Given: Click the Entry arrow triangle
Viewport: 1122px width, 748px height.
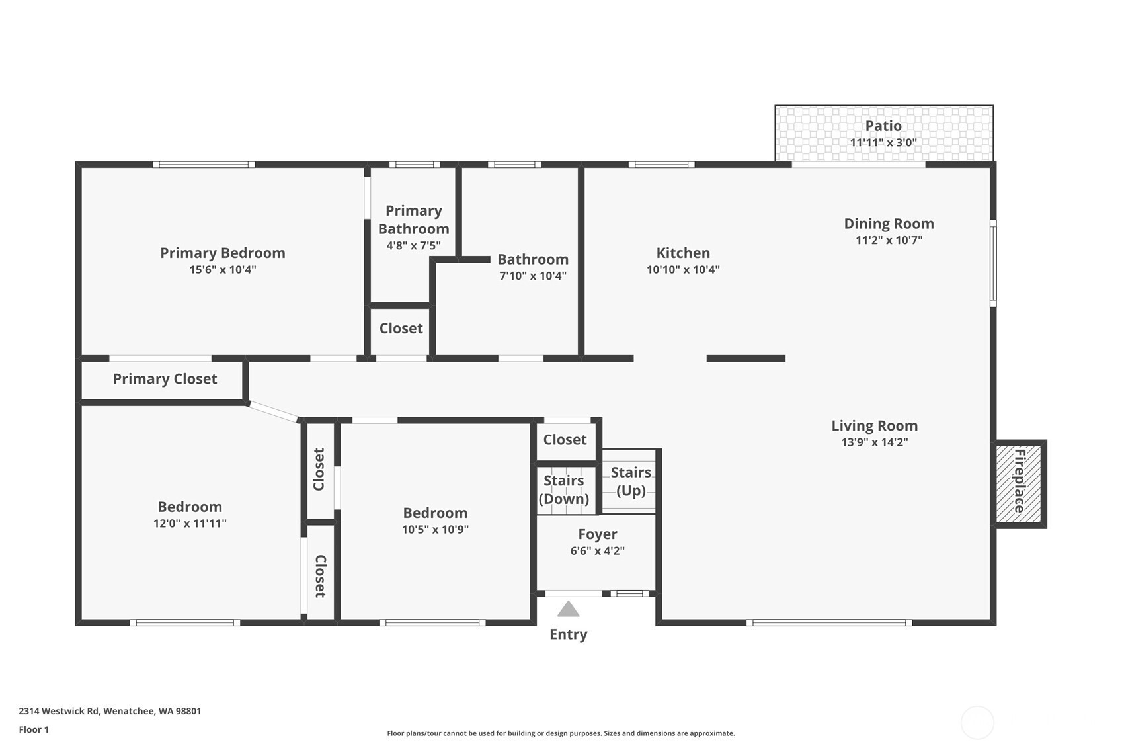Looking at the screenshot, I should [568, 609].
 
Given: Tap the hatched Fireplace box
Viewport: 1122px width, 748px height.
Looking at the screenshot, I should [1019, 483].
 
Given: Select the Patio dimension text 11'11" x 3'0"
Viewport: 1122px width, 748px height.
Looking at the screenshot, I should [883, 142].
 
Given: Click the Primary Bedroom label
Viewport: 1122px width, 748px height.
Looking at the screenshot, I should [223, 253].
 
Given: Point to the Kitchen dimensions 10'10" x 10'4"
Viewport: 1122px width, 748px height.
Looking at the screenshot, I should [683, 270].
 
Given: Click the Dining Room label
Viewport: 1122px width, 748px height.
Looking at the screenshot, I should [889, 224].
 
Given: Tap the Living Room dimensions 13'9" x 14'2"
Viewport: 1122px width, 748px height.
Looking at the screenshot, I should [874, 442].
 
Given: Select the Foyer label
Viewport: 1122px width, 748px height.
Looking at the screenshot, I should [597, 534].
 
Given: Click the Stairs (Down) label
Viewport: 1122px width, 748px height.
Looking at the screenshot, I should [563, 489].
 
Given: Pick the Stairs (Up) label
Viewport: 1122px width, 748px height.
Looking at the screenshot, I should [631, 481].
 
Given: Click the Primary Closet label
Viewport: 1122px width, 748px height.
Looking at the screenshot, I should [165, 379].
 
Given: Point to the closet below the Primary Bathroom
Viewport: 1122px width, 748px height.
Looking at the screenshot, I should [401, 329].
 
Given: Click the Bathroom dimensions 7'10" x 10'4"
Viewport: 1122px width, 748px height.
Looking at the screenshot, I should [532, 276].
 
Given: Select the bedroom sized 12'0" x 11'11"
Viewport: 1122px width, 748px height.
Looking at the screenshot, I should [190, 514].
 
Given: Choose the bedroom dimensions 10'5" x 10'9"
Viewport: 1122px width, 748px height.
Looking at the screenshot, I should [435, 530].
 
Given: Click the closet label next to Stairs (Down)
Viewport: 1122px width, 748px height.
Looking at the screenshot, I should [565, 440].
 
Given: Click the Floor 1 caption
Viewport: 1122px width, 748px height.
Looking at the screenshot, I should [34, 729].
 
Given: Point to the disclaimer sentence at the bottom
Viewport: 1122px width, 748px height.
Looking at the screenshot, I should [561, 733].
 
